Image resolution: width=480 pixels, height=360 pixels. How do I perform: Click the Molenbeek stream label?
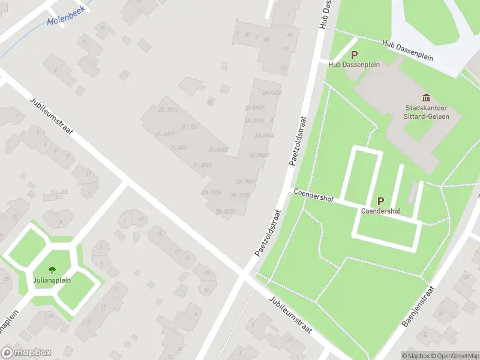[65, 21]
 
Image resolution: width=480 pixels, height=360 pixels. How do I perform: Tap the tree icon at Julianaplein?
[52, 271]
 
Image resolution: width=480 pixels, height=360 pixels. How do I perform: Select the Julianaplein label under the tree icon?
[52, 280]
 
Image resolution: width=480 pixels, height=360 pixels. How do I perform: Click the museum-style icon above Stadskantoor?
[427, 98]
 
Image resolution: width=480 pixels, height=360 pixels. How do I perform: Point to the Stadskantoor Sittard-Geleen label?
[426, 112]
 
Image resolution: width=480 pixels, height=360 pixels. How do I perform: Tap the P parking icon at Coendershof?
[380, 202]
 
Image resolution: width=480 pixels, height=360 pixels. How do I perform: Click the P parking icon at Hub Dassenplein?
[354, 55]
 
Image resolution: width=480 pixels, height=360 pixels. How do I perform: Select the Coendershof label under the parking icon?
[380, 211]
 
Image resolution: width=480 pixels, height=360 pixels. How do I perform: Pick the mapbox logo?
[26, 353]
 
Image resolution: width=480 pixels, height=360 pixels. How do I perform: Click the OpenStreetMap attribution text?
[454, 356]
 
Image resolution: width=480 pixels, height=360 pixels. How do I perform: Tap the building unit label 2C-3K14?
[167, 110]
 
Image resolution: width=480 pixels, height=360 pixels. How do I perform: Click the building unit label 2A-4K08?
[272, 93]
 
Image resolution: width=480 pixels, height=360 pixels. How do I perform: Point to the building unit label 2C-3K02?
[218, 149]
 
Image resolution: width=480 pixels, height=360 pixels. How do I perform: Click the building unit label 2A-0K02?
[259, 155]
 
